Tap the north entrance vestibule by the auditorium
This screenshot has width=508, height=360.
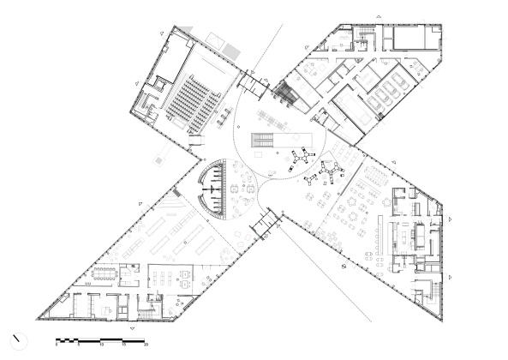[254, 84]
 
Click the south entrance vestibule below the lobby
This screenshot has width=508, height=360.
[265, 224]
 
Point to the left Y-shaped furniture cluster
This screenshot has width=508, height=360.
[300, 158]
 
